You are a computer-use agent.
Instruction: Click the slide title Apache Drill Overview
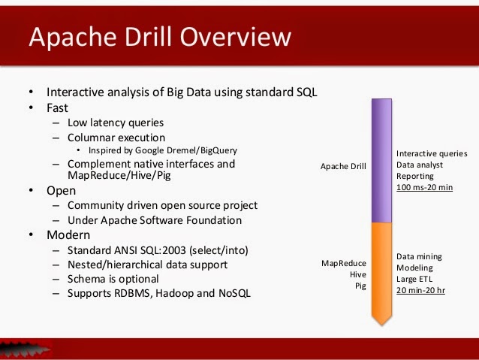[158, 37]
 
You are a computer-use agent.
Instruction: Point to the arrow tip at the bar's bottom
[382, 321]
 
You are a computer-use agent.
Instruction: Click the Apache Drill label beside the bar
[343, 166]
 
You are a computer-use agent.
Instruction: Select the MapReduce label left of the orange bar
[344, 263]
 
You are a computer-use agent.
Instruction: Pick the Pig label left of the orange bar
[360, 286]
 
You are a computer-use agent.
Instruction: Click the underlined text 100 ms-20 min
[424, 186]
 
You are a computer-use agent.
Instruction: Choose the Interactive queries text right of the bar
[432, 153]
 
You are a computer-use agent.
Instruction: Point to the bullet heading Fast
[57, 107]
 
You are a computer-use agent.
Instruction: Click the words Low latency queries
[116, 123]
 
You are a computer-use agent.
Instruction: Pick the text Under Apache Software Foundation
[155, 220]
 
